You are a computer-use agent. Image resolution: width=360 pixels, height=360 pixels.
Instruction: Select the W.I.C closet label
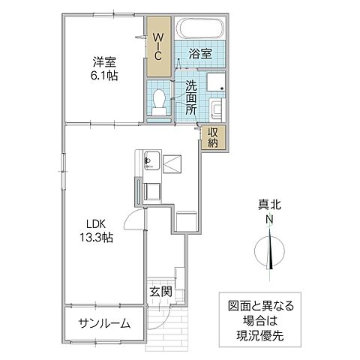point(158,46)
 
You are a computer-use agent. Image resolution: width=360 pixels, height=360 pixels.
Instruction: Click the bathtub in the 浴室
point(201,30)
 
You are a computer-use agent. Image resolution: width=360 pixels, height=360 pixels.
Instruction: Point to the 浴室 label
point(201,54)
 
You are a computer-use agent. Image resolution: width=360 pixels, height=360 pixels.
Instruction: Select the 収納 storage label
point(213,137)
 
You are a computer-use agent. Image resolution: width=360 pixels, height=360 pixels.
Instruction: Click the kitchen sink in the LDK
point(149,160)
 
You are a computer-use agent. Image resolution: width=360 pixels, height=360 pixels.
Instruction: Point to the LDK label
point(95,223)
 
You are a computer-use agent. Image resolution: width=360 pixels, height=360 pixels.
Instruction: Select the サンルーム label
point(104,323)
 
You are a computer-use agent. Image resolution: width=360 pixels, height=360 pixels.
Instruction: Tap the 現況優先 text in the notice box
point(260,337)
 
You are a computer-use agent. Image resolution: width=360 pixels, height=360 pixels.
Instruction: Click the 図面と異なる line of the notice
point(261,307)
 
